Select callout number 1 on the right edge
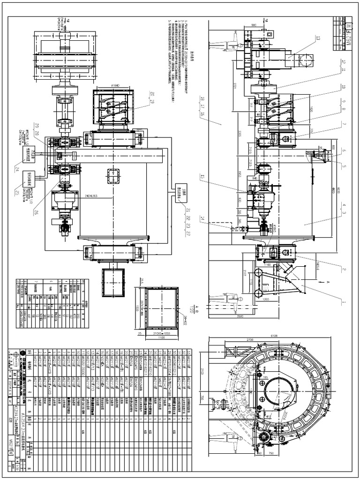coord(343,302)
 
